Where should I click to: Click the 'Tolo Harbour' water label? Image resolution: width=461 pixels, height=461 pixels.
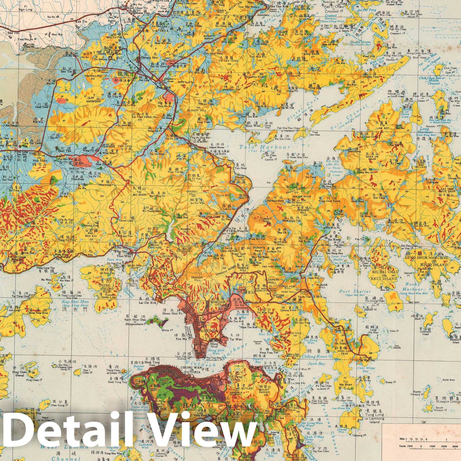265,147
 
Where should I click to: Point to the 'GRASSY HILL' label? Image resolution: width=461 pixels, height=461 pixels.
191,193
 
